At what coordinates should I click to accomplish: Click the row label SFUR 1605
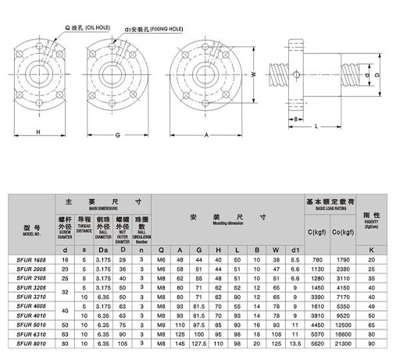31,258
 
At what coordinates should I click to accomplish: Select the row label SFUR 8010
31,341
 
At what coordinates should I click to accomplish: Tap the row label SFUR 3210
31,296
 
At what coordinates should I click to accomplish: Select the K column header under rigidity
371,249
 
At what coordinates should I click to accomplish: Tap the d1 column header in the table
293,249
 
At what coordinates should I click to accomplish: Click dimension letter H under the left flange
40,133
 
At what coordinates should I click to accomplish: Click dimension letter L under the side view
315,126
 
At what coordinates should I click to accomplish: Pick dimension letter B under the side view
296,119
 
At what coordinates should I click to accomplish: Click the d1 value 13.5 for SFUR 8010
293,341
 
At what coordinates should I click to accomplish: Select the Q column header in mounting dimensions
161,249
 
